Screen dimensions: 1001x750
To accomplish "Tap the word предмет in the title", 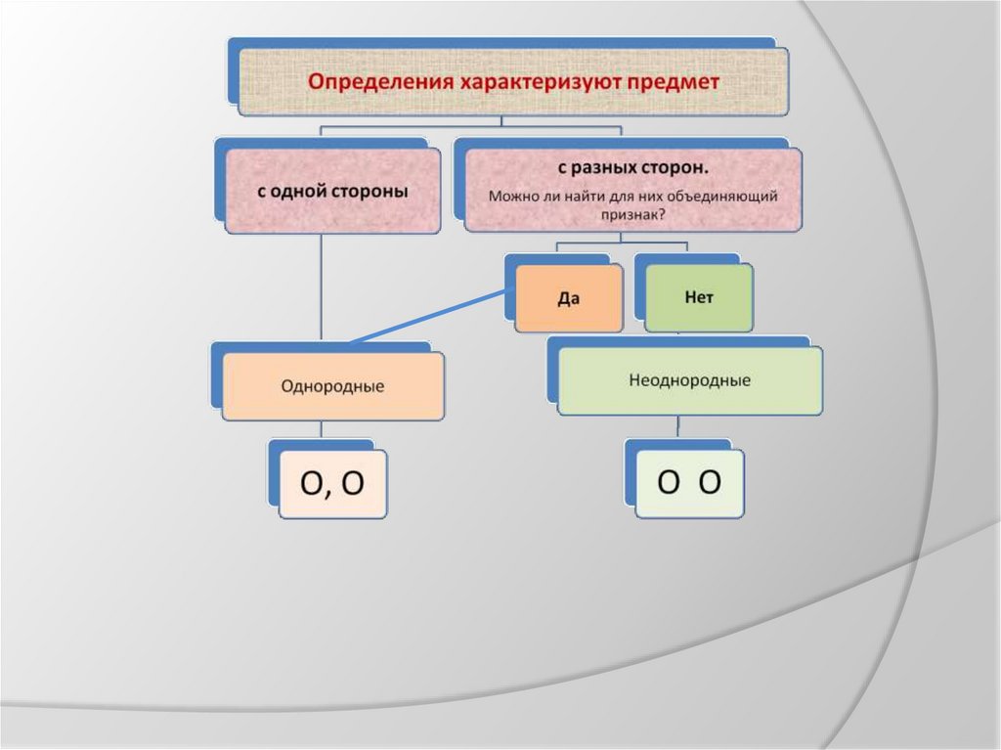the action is (x=675, y=82).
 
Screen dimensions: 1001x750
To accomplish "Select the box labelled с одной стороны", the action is (x=332, y=191).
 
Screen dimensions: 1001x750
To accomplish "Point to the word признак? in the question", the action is (x=632, y=214).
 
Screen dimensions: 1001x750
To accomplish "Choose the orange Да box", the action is (x=568, y=298).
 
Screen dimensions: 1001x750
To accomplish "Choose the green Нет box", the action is (x=698, y=297).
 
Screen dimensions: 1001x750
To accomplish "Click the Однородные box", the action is (x=332, y=386).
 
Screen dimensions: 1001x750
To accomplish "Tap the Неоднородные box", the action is (x=689, y=380).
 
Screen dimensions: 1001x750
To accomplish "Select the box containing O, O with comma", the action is (x=332, y=484).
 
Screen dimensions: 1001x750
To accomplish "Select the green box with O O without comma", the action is (x=689, y=482).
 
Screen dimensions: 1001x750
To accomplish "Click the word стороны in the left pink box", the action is (x=372, y=191).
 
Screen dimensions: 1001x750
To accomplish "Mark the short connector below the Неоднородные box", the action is (x=677, y=426).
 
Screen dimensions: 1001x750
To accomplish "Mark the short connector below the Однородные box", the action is (x=322, y=431).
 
